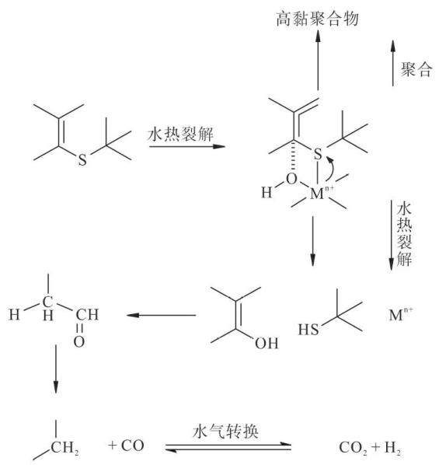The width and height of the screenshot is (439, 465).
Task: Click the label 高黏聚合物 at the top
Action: click(x=318, y=19)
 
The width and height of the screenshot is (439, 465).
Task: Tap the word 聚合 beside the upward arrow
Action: click(x=416, y=69)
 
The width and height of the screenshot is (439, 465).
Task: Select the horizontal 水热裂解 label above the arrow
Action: click(x=180, y=135)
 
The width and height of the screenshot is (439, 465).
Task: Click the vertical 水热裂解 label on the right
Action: click(x=404, y=234)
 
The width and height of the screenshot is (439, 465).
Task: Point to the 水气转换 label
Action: click(x=225, y=432)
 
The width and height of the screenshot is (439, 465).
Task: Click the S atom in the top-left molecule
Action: click(x=82, y=159)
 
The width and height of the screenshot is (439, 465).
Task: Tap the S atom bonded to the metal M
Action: click(x=318, y=154)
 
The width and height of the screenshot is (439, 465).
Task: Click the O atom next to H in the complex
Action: click(x=291, y=179)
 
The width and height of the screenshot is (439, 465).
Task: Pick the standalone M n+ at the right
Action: click(x=400, y=314)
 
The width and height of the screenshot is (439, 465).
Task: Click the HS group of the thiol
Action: click(x=308, y=330)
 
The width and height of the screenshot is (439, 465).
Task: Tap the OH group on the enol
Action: click(x=267, y=344)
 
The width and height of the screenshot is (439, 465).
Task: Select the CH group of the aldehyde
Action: click(x=87, y=315)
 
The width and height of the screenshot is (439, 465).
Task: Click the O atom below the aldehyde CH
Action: click(x=78, y=341)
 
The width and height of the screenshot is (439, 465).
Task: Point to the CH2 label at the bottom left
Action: click(x=65, y=449)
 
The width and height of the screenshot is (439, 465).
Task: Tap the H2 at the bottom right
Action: click(x=392, y=448)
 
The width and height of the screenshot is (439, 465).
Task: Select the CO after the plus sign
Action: click(x=133, y=446)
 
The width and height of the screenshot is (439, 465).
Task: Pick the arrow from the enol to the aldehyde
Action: click(x=161, y=315)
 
